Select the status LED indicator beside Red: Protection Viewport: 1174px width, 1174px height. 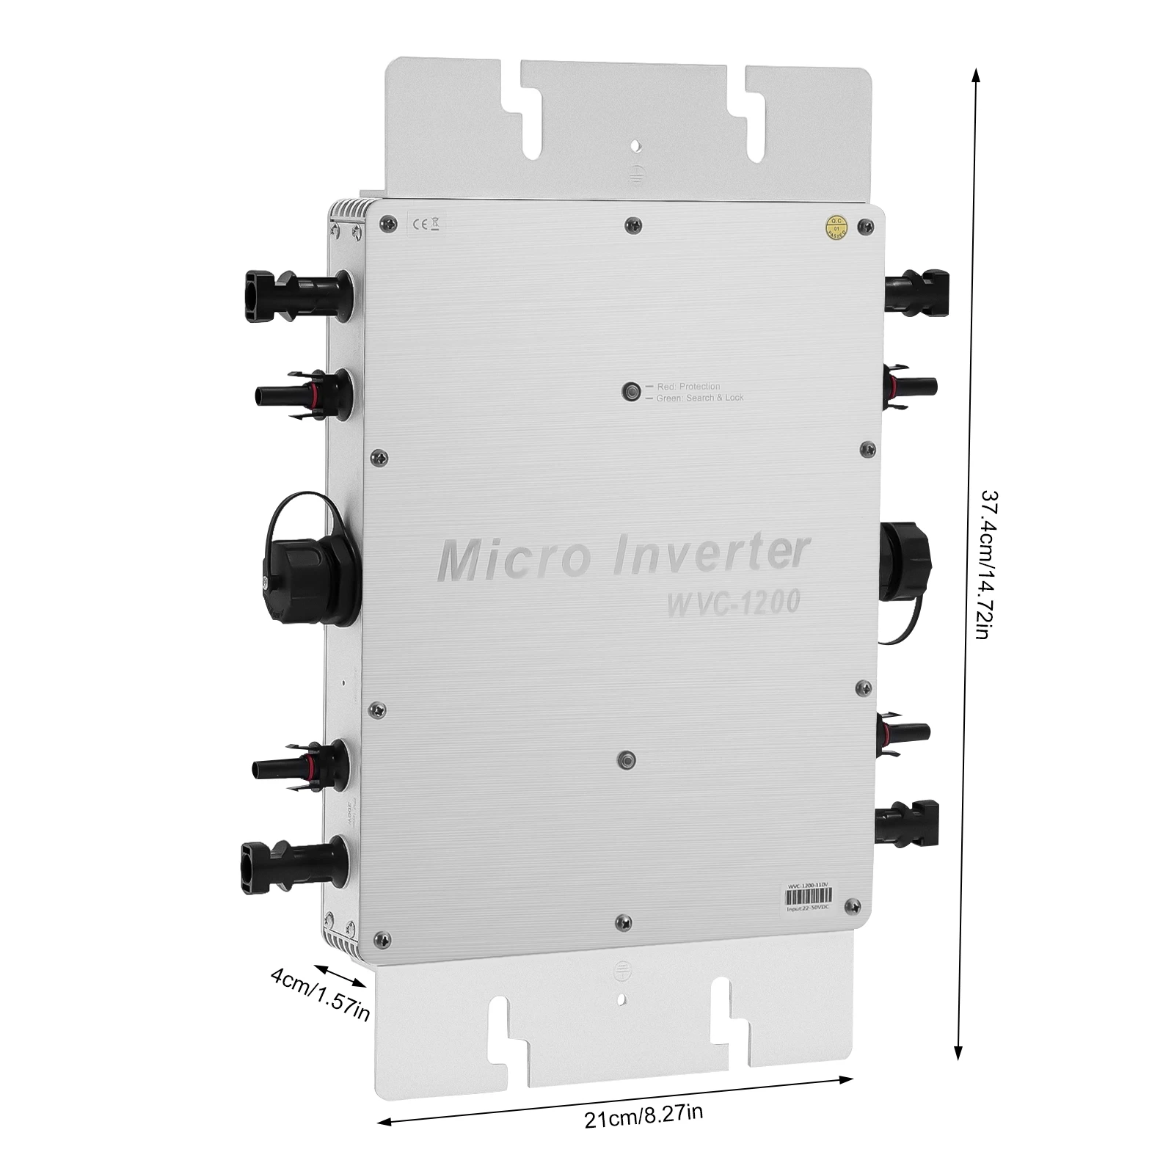[x=630, y=391]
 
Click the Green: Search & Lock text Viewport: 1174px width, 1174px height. [x=694, y=398]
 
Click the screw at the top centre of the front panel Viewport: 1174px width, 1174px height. [x=632, y=223]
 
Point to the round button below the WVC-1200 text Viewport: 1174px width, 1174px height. [x=625, y=760]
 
